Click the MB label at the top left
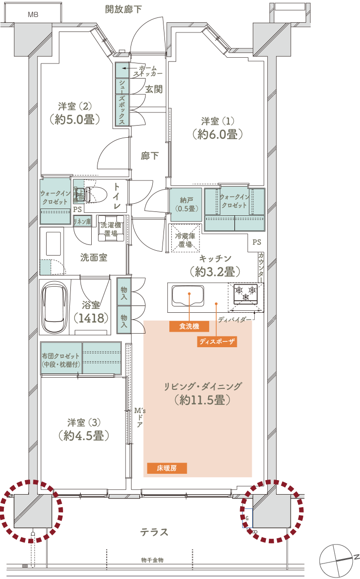pyautogui.click(x=33, y=15)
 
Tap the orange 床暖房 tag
pyautogui.click(x=167, y=468)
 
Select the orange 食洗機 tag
pyautogui.click(x=189, y=326)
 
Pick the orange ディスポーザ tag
pyautogui.click(x=217, y=341)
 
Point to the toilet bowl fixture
pyautogui.click(x=96, y=194)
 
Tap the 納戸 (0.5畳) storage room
pyautogui.click(x=186, y=205)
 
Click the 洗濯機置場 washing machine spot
pyautogui.click(x=111, y=228)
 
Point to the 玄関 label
pyautogui.click(x=154, y=89)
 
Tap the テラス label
pyautogui.click(x=154, y=532)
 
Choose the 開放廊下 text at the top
pyautogui.click(x=123, y=9)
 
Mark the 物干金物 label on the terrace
pyautogui.click(x=152, y=560)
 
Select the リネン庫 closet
pyautogui.click(x=82, y=222)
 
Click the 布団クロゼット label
pyautogui.click(x=61, y=356)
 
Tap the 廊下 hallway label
pyautogui.click(x=149, y=156)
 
